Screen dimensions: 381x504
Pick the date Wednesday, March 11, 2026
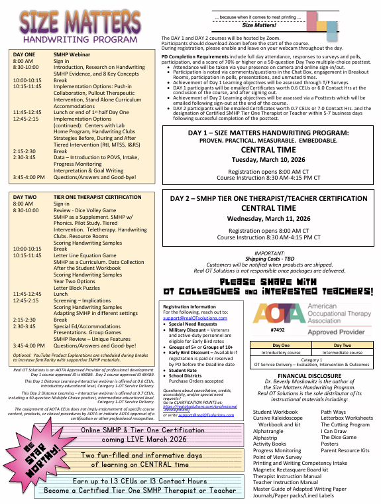tap(268, 218)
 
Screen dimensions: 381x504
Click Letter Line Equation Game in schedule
tap(89, 255)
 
